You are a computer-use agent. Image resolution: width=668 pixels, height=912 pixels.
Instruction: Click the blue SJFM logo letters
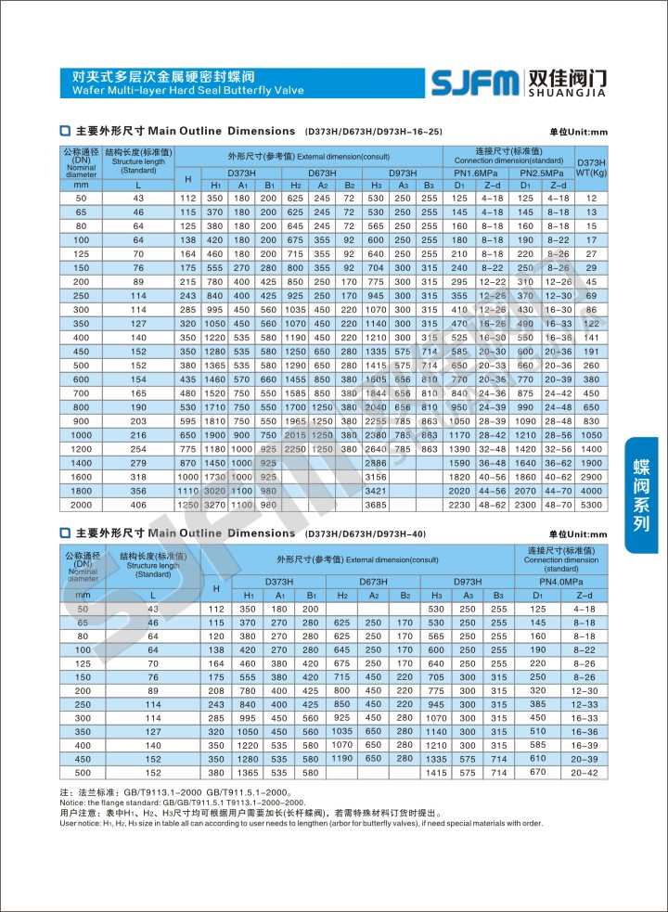point(474,83)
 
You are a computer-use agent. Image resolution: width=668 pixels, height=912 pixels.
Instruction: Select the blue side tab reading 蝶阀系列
point(641,495)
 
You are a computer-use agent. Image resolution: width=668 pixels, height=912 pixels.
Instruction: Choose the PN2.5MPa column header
point(542,173)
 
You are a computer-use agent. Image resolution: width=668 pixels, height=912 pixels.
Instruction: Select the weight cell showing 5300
point(591,504)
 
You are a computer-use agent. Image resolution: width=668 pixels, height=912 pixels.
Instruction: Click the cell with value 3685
point(376,504)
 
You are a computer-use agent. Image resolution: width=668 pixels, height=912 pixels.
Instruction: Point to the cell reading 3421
point(376,490)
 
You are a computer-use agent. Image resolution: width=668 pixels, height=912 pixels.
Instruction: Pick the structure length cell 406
point(139,504)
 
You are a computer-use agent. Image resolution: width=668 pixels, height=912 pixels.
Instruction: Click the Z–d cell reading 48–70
point(558,504)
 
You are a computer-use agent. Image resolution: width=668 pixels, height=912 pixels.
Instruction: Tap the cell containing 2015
point(296,434)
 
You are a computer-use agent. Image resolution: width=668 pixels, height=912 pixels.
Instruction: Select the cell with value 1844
point(376,392)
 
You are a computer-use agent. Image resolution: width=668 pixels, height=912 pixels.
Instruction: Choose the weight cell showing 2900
point(591,476)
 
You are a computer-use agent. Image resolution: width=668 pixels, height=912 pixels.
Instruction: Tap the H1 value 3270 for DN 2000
point(215,504)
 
